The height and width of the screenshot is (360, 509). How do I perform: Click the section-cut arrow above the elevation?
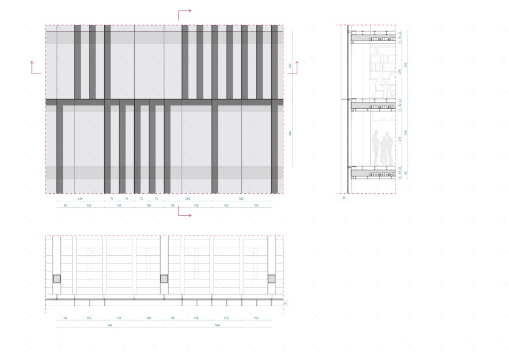[184, 13]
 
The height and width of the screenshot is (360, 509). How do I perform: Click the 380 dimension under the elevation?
[241, 199]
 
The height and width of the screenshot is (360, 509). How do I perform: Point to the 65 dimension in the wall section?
[405, 172]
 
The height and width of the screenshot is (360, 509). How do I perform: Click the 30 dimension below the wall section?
[343, 198]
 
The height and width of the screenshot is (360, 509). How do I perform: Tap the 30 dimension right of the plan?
[285, 303]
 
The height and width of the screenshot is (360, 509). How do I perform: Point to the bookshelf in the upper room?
[379, 64]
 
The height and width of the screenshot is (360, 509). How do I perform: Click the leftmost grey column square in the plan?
[57, 278]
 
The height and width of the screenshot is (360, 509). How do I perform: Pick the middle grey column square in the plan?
[164, 278]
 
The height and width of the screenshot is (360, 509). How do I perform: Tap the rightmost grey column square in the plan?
[271, 278]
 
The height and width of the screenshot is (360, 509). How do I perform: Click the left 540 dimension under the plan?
[110, 325]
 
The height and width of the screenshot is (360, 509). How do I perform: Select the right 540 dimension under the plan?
[217, 325]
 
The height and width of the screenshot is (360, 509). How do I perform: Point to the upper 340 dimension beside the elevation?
[290, 65]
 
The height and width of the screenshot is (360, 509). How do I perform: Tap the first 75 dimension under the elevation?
[112, 199]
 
